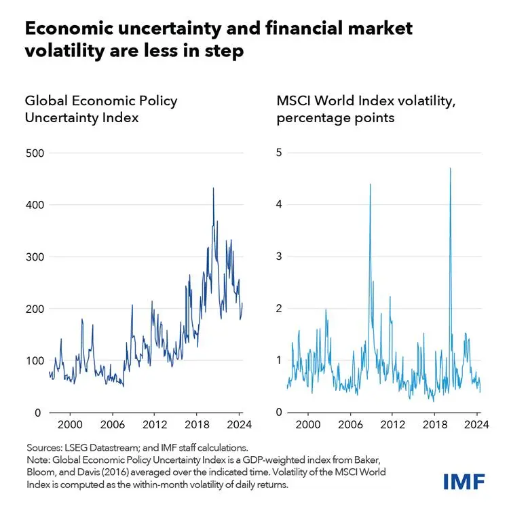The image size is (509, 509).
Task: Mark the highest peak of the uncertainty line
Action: [x=213, y=188]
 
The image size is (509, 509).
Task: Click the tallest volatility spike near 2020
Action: [x=451, y=168]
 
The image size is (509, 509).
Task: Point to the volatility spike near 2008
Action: [x=371, y=184]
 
